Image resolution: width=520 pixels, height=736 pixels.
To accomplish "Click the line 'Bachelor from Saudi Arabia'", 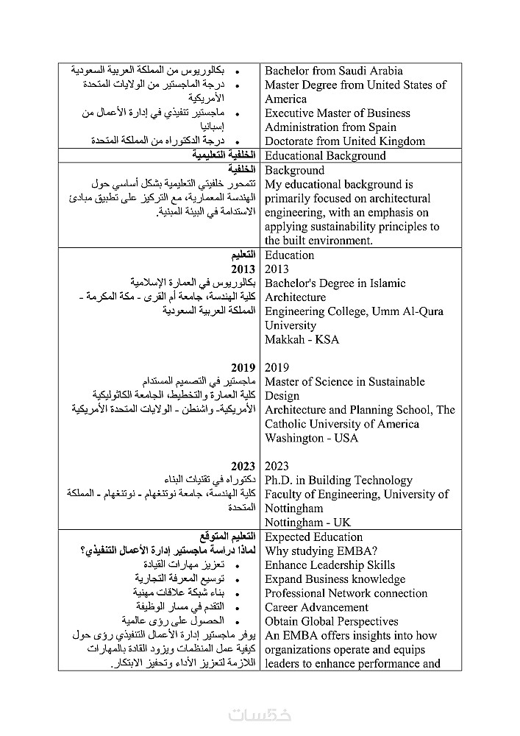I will [333, 71].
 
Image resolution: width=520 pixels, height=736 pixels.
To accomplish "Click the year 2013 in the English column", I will [277, 269].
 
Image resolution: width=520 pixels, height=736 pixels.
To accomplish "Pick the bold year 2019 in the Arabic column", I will [243, 368].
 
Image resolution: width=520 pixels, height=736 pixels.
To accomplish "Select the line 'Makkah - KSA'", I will [302, 340].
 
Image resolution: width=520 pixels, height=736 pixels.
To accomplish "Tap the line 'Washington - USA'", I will [311, 438].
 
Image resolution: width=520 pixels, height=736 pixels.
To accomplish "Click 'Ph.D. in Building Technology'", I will [338, 481].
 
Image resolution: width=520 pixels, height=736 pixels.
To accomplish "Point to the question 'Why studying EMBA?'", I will [321, 551].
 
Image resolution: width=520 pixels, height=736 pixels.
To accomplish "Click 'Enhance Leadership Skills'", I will [330, 565].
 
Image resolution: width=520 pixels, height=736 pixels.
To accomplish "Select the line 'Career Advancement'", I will [316, 607].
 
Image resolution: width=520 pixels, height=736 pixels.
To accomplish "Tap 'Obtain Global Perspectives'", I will [331, 621].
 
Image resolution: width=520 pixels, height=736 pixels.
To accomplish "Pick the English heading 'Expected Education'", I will [313, 537].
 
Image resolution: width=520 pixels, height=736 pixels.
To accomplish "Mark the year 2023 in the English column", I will [277, 466].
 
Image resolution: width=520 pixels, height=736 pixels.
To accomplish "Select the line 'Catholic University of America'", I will [341, 424].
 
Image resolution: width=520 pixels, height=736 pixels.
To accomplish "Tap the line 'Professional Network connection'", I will [346, 593].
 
